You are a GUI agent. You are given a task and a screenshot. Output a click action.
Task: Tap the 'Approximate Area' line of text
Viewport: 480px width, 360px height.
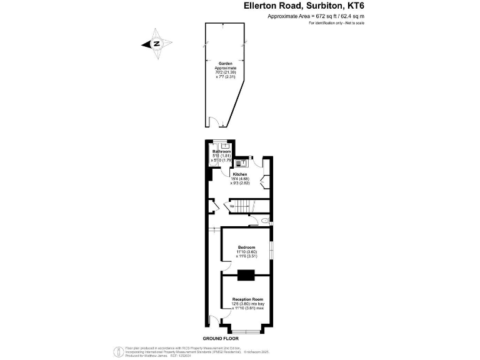(x=316, y=17)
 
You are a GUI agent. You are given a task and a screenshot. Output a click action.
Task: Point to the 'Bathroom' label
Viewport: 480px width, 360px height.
(x=221, y=152)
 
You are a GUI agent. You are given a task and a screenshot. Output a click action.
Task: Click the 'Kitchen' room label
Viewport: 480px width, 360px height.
(x=241, y=174)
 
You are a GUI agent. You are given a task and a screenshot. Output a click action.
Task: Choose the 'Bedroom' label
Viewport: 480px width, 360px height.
(x=246, y=247)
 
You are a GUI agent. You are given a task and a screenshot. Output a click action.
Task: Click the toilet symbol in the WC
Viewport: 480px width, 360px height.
(x=265, y=221)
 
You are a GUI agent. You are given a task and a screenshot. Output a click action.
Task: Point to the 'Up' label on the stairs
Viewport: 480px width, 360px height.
(x=232, y=206)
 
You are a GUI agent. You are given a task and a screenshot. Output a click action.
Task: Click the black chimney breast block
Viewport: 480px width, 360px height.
(x=246, y=273)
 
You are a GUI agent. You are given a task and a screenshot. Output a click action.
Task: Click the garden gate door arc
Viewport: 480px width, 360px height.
(x=213, y=122)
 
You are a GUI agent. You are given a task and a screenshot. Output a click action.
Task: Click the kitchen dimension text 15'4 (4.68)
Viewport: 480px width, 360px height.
(x=241, y=179)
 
